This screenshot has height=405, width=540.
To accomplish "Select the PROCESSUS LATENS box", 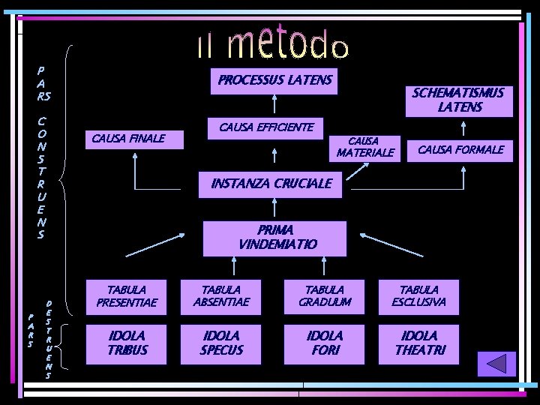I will [x=274, y=80].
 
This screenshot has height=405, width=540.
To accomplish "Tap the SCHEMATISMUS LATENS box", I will [x=458, y=100].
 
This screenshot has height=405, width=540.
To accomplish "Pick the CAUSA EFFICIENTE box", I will [x=265, y=127].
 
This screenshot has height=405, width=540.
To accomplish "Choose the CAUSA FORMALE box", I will [x=460, y=150].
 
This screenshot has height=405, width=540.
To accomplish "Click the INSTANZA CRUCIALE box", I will [x=271, y=183].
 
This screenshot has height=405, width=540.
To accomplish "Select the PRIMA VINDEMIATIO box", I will [x=275, y=237].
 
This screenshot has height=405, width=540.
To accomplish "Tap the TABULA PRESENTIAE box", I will [x=127, y=296].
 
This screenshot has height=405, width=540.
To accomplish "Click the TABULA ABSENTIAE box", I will [x=222, y=296].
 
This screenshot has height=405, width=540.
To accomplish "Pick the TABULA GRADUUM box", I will [x=324, y=296].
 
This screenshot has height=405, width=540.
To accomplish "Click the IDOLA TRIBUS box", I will [x=127, y=342].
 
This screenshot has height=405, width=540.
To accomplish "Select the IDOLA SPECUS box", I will [x=222, y=342].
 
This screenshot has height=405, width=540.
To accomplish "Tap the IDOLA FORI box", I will [x=324, y=342].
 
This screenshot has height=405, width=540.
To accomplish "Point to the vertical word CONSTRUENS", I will [x=42, y=177].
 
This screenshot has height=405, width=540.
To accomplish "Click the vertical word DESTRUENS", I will [x=49, y=334].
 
